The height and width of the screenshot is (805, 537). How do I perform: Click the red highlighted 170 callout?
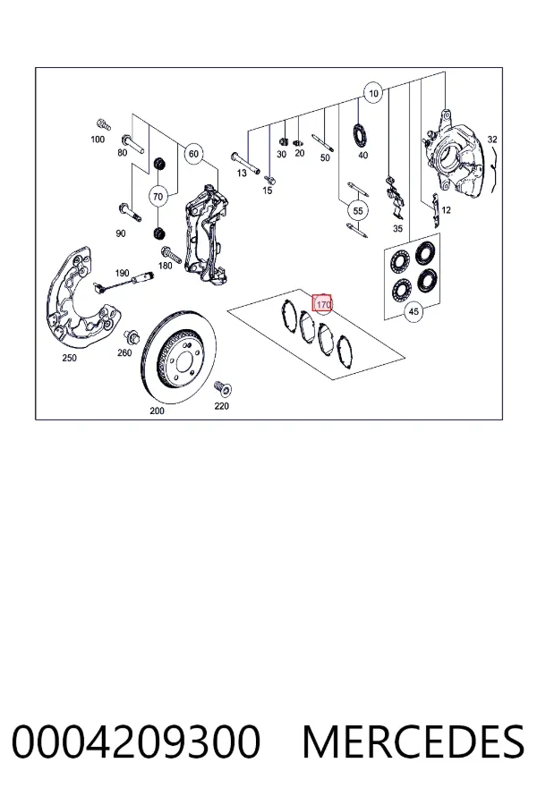pyautogui.click(x=322, y=304)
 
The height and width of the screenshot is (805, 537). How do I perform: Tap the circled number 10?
pyautogui.click(x=373, y=93)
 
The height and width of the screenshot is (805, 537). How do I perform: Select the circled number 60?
pyautogui.click(x=193, y=154)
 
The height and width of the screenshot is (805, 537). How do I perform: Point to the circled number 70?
pyautogui.click(x=158, y=196)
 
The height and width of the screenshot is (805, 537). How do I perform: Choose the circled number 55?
pyautogui.click(x=358, y=210)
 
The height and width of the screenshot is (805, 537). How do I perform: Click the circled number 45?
pyautogui.click(x=413, y=311)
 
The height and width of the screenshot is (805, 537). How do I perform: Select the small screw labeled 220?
pyautogui.click(x=224, y=388)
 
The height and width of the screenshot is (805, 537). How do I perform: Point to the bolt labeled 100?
pyautogui.click(x=103, y=124)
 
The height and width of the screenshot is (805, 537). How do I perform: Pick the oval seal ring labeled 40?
pyautogui.click(x=360, y=134)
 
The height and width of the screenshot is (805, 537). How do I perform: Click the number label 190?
pyautogui.click(x=122, y=273)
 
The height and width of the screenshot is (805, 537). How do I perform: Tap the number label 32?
pyautogui.click(x=492, y=140)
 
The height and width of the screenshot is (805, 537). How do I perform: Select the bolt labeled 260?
pyautogui.click(x=131, y=338)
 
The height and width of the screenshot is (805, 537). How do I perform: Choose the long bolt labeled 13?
pyautogui.click(x=245, y=158)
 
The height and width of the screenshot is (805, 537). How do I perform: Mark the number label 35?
pyautogui.click(x=397, y=228)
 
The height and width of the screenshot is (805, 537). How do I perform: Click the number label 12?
pyautogui.click(x=446, y=210)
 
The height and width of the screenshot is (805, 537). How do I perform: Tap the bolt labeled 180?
pyautogui.click(x=171, y=255)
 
